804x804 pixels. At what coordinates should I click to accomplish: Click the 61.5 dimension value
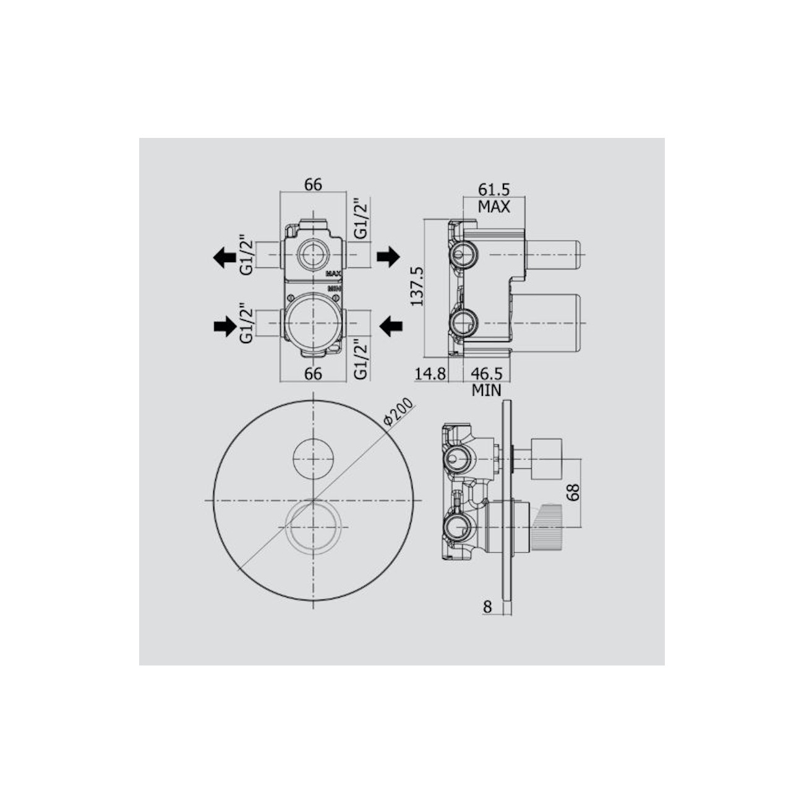(x=494, y=190)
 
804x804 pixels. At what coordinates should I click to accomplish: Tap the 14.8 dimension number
(x=430, y=374)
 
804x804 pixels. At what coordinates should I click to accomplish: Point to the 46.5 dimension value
(x=487, y=374)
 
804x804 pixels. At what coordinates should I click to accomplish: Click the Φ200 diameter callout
(x=398, y=413)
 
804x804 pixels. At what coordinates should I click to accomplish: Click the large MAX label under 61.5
(x=494, y=207)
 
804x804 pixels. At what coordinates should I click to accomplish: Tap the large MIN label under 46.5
(x=487, y=390)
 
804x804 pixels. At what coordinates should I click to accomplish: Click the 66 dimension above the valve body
(x=313, y=184)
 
